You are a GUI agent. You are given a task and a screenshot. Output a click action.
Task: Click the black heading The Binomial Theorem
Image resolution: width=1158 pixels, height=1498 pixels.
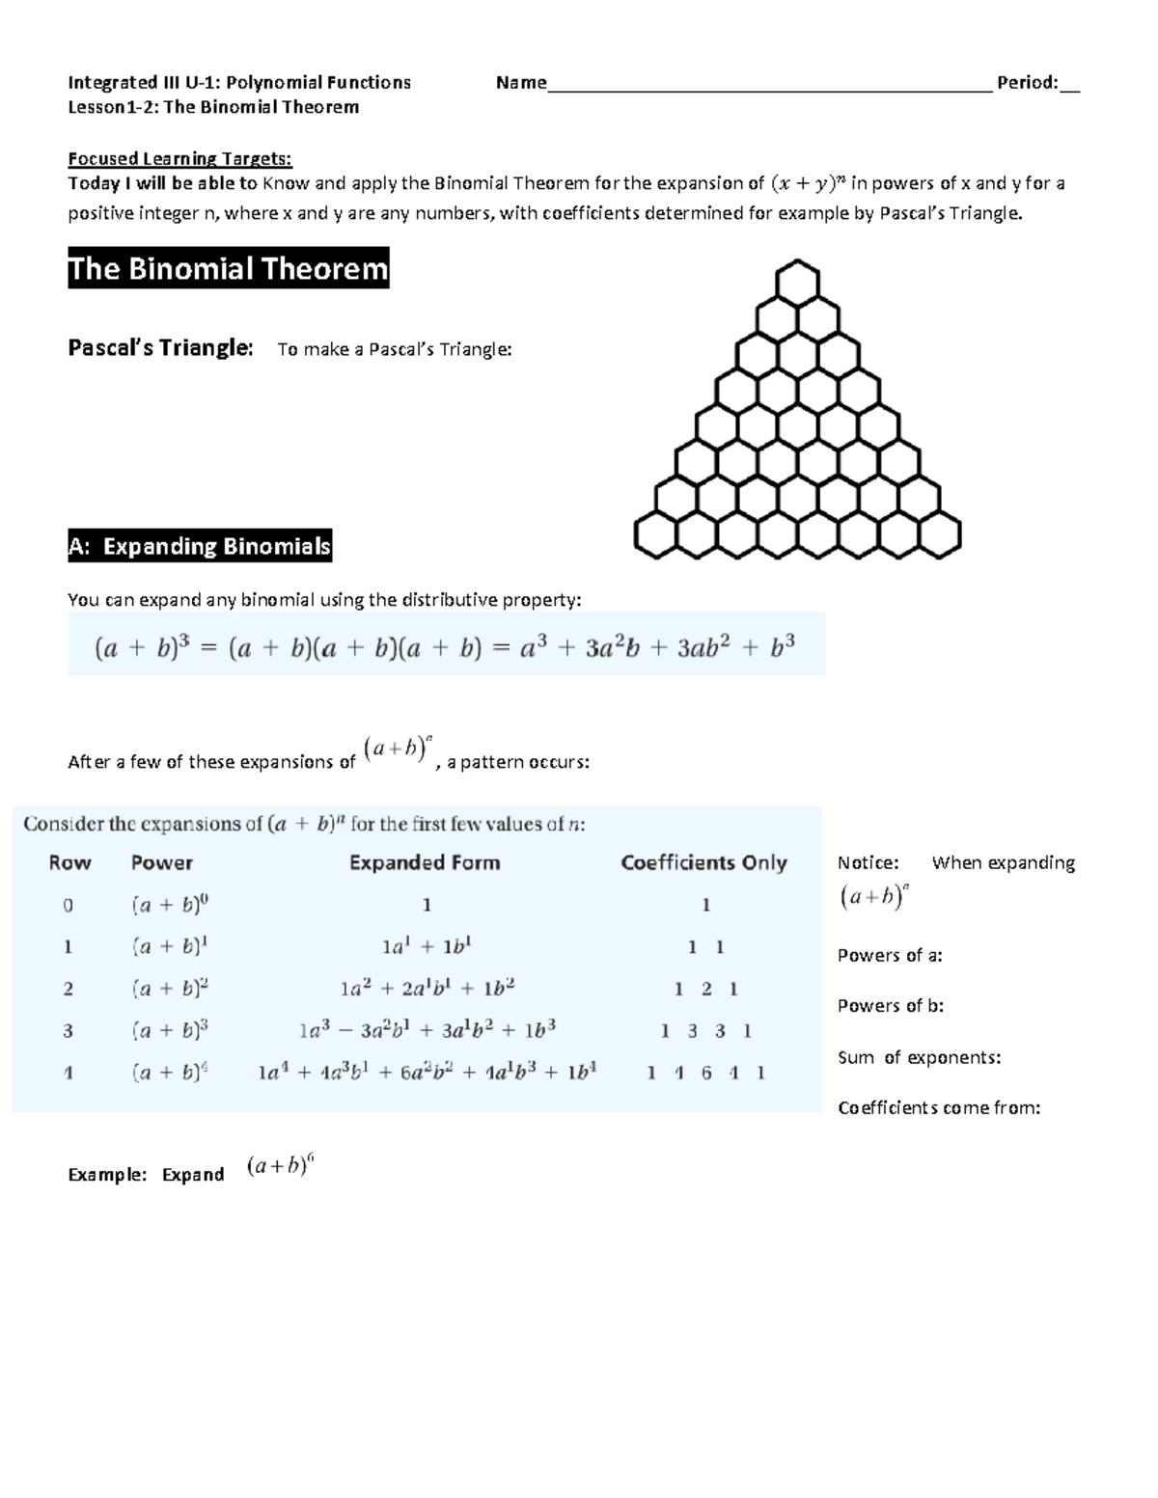(x=228, y=268)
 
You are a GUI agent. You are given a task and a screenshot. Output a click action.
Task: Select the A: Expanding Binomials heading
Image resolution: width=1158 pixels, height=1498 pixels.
(x=200, y=546)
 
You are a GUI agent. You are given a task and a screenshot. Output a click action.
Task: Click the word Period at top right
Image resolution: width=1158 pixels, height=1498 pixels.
(x=1027, y=83)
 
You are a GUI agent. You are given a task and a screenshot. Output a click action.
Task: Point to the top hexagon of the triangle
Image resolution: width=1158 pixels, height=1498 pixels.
(x=797, y=282)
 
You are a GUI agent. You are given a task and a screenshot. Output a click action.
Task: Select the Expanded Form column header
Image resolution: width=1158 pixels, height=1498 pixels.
(x=425, y=862)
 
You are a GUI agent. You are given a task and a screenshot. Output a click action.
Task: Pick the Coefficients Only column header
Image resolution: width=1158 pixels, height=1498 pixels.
(x=703, y=862)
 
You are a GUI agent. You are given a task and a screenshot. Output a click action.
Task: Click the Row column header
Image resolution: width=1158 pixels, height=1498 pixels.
(x=69, y=862)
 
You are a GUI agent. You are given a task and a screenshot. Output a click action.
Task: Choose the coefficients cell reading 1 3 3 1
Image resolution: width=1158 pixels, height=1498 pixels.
(x=705, y=1031)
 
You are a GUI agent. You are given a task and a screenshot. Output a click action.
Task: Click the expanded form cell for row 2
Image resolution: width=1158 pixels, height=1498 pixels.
(x=427, y=989)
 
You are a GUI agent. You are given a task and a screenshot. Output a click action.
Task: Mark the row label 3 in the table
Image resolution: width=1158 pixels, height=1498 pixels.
(x=68, y=1031)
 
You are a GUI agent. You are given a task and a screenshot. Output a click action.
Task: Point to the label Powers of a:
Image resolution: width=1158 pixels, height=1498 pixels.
(x=890, y=956)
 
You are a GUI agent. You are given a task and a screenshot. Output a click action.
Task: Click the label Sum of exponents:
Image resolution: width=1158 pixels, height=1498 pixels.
(x=919, y=1057)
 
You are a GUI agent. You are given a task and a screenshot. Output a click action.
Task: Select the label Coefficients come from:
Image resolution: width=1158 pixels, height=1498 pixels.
(x=939, y=1107)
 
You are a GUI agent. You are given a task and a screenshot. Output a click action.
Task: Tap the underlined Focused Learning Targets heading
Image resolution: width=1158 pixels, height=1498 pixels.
(x=179, y=158)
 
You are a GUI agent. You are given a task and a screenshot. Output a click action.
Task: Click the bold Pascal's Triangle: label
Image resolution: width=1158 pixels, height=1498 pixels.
(x=160, y=348)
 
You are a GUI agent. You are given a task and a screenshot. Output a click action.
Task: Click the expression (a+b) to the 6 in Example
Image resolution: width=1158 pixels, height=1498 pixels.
(x=280, y=1167)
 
